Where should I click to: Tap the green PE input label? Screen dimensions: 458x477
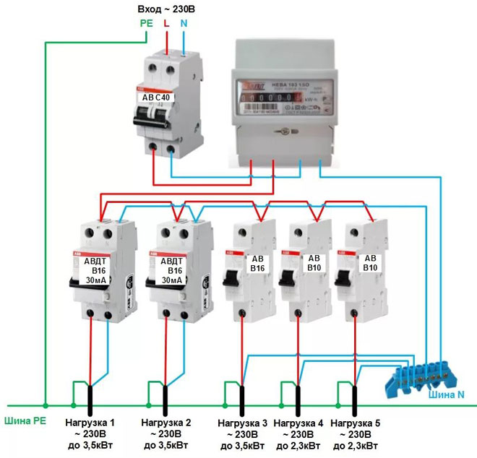coord(145,24)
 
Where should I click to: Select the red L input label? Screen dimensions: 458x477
coord(167,24)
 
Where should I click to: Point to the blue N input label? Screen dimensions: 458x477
coord(185,24)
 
